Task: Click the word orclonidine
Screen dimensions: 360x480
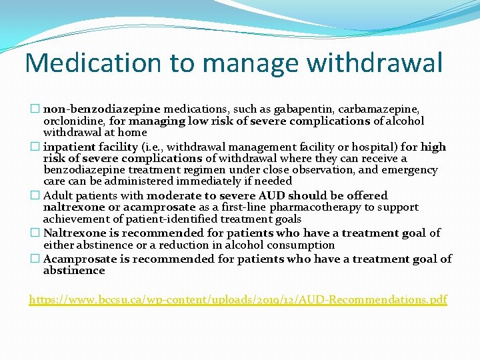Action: click(x=70, y=121)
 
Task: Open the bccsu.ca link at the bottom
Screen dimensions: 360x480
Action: click(x=238, y=299)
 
